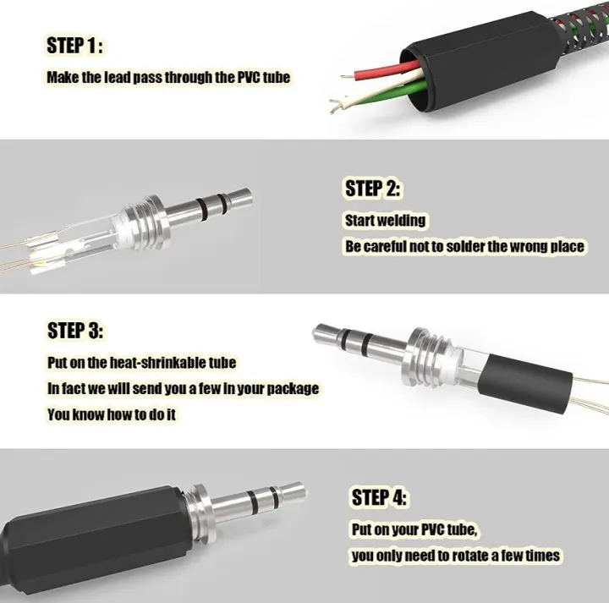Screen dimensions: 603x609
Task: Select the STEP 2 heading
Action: (x=373, y=188)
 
